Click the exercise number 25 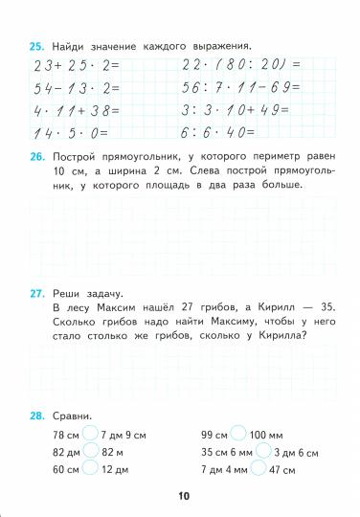[x=35, y=45]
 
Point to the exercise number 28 [x=35, y=416]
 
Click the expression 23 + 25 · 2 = [x=73, y=64]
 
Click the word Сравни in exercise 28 [x=73, y=416]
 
